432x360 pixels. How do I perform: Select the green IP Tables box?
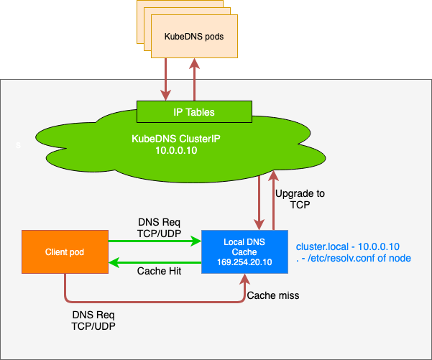tap(194, 112)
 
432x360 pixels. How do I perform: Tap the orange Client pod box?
tap(64, 252)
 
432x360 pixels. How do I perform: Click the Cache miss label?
tap(272, 295)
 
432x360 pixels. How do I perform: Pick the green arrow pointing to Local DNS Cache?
tap(155, 242)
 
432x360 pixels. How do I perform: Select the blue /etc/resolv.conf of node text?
tap(353, 258)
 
